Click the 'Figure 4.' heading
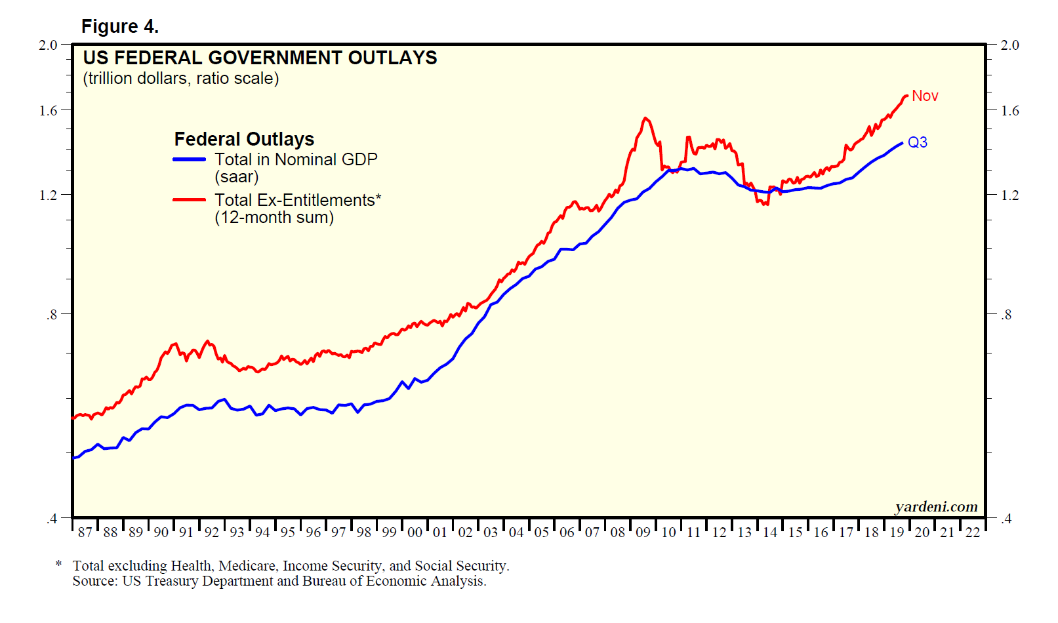[x=120, y=26]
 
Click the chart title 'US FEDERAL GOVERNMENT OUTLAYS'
[x=260, y=58]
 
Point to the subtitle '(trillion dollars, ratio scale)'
[x=181, y=79]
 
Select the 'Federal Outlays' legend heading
[x=244, y=139]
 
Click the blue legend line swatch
[x=190, y=159]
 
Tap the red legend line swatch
[x=190, y=199]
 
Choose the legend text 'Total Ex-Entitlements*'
[x=298, y=200]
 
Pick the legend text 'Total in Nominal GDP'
[x=296, y=159]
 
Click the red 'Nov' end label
[x=925, y=96]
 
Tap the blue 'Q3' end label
[x=918, y=142]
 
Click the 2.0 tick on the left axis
[x=48, y=45]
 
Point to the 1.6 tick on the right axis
[x=1010, y=110]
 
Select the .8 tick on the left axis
[x=52, y=315]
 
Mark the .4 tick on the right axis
[x=1006, y=519]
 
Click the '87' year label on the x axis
[x=85, y=533]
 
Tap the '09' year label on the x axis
[x=643, y=533]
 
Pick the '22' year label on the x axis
[x=973, y=533]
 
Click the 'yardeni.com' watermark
[x=936, y=507]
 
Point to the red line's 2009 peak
[x=646, y=119]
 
